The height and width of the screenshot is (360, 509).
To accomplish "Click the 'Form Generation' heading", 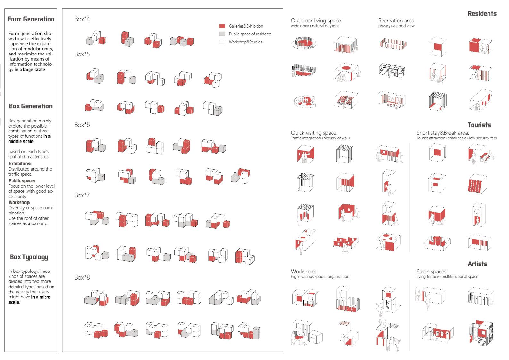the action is [x=31, y=19].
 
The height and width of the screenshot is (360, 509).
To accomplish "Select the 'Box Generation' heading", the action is [x=31, y=106].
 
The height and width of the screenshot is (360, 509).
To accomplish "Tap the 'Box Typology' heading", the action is [x=29, y=257].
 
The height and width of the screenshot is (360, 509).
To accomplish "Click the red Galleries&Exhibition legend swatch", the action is [x=222, y=26].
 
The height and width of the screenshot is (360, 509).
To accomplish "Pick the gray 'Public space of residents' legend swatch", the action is [x=222, y=34].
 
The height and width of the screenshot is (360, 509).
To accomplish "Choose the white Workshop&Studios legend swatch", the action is [x=222, y=42].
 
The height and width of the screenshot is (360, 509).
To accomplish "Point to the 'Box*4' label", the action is [x=82, y=19].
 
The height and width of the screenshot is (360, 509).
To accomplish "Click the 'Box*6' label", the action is [x=82, y=125].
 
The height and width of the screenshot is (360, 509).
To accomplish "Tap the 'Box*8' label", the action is [x=82, y=277].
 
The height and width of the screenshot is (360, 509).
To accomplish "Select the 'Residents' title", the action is [x=482, y=13].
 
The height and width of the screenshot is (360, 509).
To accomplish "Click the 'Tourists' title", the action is [x=479, y=125].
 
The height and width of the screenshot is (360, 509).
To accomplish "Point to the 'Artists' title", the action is [x=477, y=264].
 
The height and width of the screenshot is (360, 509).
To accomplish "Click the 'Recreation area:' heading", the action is [x=397, y=21].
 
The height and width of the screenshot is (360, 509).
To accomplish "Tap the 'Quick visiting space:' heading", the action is [x=314, y=133].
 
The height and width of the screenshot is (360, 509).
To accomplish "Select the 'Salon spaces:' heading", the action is [x=432, y=272].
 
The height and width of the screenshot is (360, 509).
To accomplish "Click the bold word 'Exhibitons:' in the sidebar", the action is [x=20, y=163].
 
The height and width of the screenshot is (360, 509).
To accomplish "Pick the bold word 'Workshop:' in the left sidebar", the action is [x=19, y=202].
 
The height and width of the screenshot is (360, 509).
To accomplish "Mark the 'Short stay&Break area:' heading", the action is [x=443, y=133].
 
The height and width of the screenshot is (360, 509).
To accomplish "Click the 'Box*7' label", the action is [x=82, y=195].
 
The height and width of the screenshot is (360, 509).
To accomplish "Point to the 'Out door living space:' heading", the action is [x=316, y=21].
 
